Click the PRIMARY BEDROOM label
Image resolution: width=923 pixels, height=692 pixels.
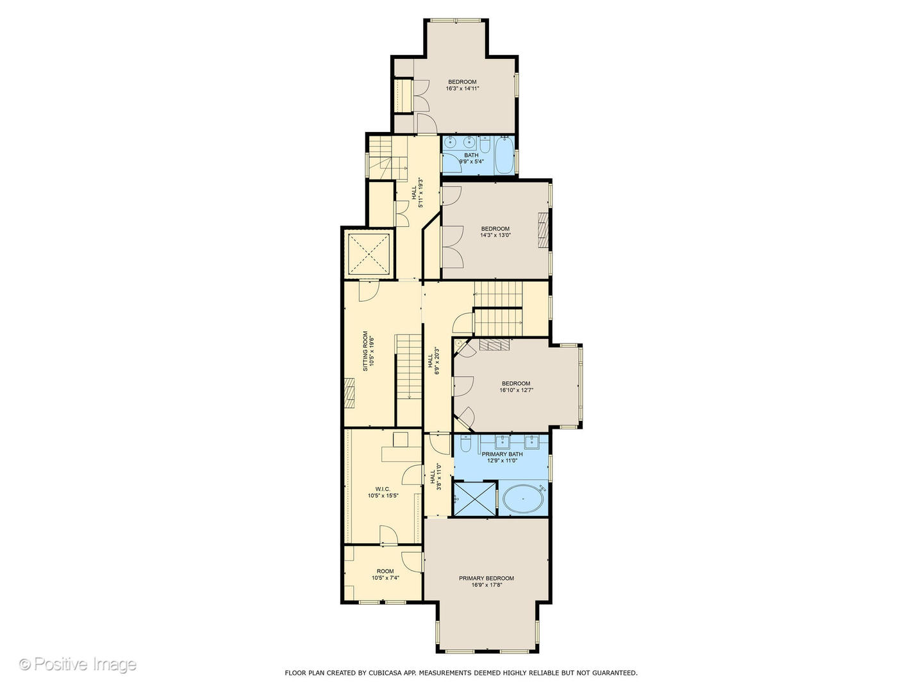point(486,581)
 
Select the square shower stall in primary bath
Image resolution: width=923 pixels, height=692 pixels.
point(475,498)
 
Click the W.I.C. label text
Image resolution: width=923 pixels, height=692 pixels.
point(383,492)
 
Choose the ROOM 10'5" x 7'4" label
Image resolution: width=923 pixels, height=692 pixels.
point(385,574)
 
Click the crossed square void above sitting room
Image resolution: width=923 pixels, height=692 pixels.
point(369,254)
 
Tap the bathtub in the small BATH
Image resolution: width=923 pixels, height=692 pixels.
point(504,156)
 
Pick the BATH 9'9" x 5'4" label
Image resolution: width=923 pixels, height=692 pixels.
point(471,158)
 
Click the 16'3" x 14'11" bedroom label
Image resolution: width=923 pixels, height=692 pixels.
point(462,85)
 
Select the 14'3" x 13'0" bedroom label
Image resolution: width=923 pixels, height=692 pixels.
point(495,232)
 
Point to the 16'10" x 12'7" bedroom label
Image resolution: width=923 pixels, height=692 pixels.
point(516,386)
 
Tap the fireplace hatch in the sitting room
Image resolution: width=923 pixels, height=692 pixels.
point(350,393)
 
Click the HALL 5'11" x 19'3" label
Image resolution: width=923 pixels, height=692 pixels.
point(417,192)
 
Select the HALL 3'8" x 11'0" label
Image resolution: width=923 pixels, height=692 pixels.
point(435,477)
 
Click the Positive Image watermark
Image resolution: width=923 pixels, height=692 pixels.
point(78,664)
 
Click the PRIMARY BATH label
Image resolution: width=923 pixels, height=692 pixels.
point(502,457)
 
